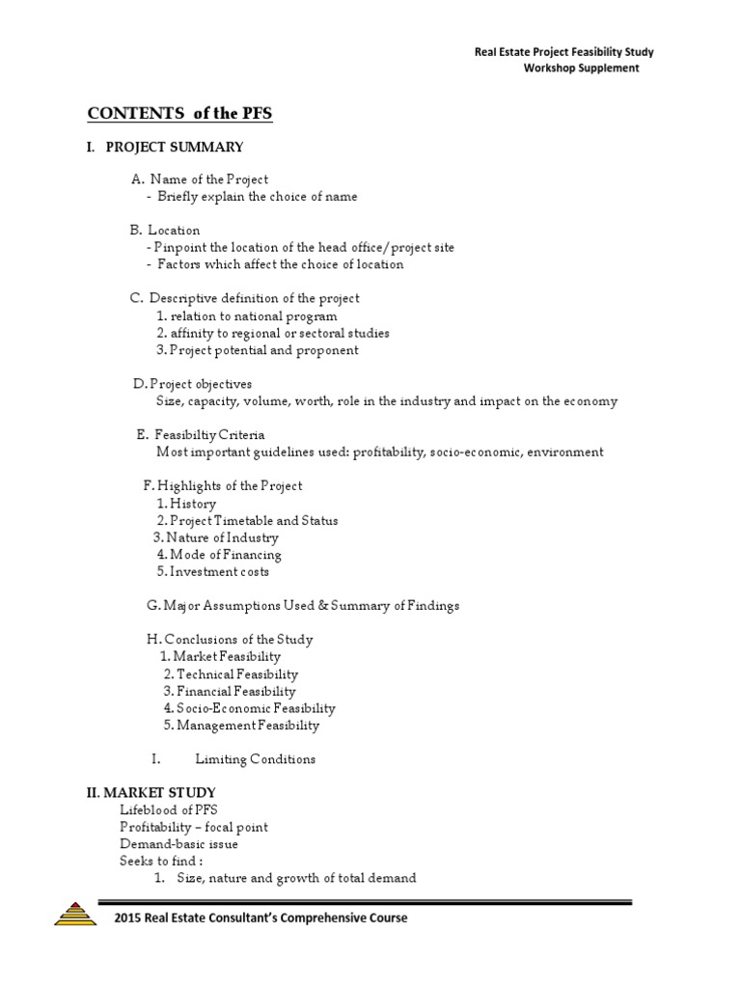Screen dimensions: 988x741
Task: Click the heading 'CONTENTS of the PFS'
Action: point(179,114)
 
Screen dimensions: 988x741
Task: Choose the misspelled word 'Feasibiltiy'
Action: point(188,435)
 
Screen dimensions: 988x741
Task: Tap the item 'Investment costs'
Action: point(219,572)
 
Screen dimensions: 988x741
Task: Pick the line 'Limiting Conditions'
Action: point(255,759)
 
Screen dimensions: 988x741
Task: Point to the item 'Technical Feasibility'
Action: point(236,674)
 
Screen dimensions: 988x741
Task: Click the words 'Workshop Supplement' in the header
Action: point(581,69)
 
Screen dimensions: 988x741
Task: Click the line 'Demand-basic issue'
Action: point(178,844)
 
